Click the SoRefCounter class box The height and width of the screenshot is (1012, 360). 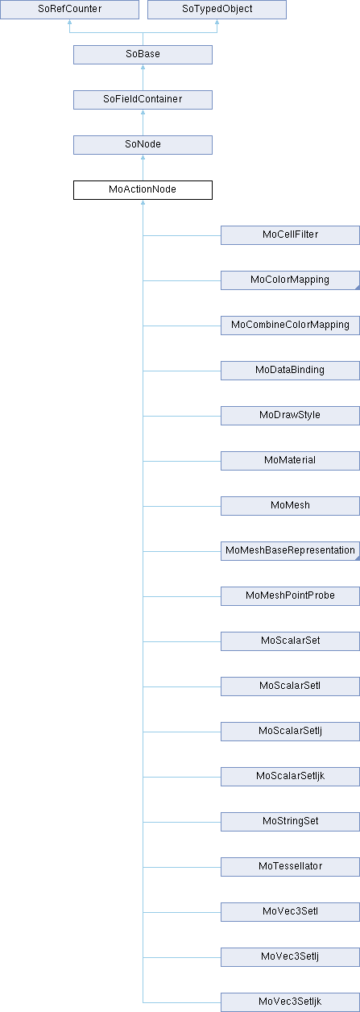[x=69, y=9]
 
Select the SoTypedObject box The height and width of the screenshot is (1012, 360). [x=217, y=9]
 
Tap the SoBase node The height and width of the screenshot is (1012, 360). [x=143, y=54]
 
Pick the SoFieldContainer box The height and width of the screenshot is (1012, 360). [x=143, y=99]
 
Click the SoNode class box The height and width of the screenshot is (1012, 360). [x=143, y=144]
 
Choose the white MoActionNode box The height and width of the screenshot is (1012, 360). [x=143, y=190]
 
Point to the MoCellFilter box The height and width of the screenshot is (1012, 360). [x=290, y=235]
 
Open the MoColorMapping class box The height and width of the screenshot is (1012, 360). [x=290, y=280]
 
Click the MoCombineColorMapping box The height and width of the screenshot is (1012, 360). [x=290, y=326]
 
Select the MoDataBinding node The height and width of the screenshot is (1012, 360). [x=290, y=371]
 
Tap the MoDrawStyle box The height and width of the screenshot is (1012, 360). [x=290, y=416]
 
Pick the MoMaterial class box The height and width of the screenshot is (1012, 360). [x=290, y=461]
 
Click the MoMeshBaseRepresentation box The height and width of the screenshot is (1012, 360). [x=290, y=551]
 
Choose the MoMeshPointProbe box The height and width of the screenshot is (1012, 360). [x=290, y=596]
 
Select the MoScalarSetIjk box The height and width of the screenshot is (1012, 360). [x=290, y=777]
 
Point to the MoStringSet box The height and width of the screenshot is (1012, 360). [x=290, y=822]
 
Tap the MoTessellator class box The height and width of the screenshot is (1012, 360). [x=290, y=867]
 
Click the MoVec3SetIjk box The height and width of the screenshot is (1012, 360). [x=290, y=1002]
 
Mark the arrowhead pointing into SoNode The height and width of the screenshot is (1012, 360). [x=143, y=157]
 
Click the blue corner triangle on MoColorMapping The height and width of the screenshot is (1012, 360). [x=358, y=288]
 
